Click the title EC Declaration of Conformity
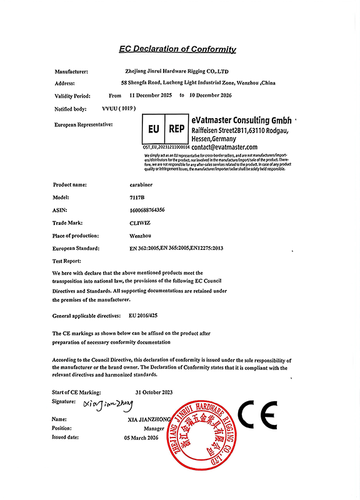point(177,49)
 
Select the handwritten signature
point(108,406)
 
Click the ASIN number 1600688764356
point(142,210)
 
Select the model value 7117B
point(127,197)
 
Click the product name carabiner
point(132,184)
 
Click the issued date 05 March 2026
point(145,438)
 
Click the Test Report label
point(66,261)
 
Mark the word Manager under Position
point(154,429)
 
